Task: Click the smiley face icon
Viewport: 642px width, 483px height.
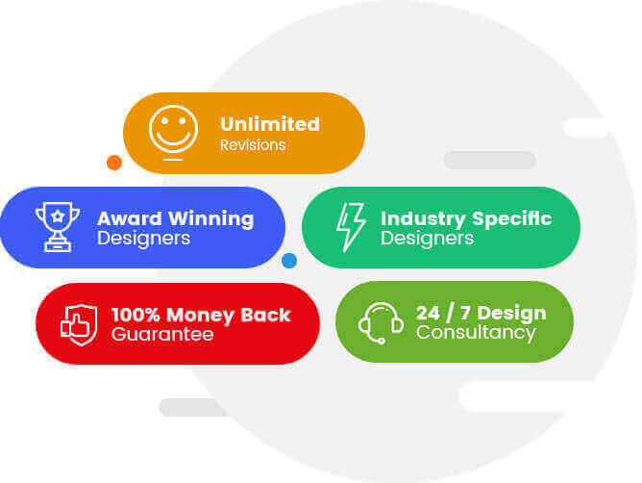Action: (x=173, y=132)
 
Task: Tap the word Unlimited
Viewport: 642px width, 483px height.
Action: (x=270, y=124)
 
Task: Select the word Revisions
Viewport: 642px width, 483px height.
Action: (x=253, y=145)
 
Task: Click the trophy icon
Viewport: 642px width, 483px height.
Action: (x=58, y=226)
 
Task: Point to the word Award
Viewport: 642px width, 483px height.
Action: (x=130, y=218)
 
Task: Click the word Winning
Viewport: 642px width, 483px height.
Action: (x=211, y=219)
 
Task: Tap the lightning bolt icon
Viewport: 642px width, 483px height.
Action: (x=351, y=227)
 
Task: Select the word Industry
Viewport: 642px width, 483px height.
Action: (x=423, y=219)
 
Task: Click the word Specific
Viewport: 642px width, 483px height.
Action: (x=512, y=219)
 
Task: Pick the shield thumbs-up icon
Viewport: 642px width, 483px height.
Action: (x=79, y=325)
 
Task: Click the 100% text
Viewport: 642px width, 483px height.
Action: (x=136, y=315)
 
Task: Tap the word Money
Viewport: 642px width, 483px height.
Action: (x=201, y=316)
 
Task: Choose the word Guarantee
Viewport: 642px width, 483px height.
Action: (x=162, y=334)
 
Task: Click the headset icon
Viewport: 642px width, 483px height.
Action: (x=381, y=322)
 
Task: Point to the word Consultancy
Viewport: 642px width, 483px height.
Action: (x=476, y=333)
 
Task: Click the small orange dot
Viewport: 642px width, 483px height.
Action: (x=114, y=163)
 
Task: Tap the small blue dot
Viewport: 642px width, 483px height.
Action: (x=289, y=261)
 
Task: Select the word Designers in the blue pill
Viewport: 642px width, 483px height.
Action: (x=144, y=239)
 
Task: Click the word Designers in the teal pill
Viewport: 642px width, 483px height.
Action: (x=427, y=239)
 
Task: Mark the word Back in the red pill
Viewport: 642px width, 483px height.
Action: (x=265, y=315)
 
